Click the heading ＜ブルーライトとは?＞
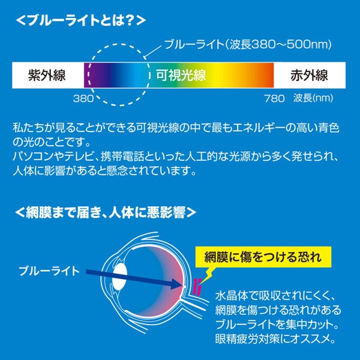79,20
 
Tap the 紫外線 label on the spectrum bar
47,76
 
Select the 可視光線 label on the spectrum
181,76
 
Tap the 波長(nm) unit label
314,97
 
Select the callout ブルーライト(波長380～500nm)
248,45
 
